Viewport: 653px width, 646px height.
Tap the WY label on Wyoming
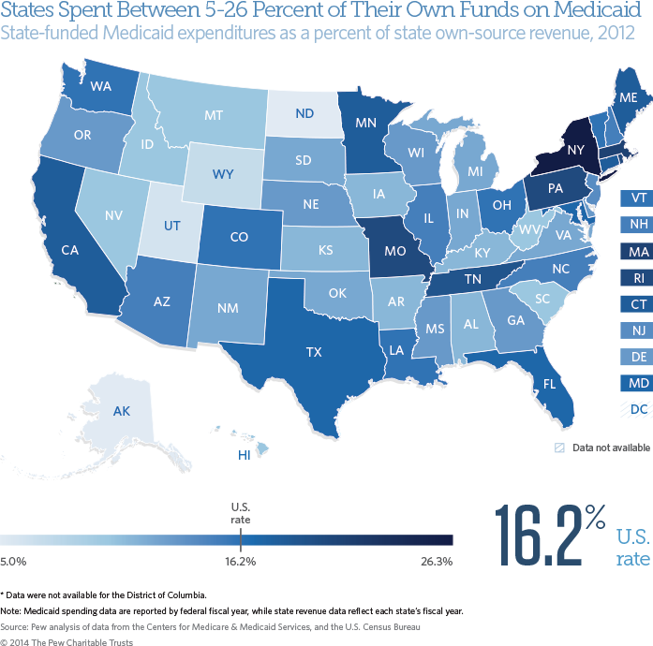pyautogui.click(x=223, y=175)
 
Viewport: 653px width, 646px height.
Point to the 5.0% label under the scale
pyautogui.click(x=13, y=562)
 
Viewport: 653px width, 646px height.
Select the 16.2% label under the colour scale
pyautogui.click(x=241, y=562)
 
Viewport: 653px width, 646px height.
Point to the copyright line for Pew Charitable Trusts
pyautogui.click(x=67, y=642)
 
